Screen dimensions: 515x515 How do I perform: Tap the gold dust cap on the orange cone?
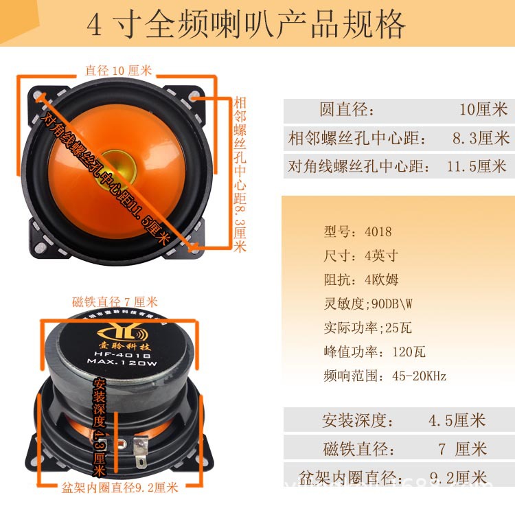pyautogui.click(x=117, y=161)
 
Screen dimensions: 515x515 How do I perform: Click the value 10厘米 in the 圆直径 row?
pyautogui.click(x=483, y=109)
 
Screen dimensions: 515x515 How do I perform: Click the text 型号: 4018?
pyautogui.click(x=357, y=231)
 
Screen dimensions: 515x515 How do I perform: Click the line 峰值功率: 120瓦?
pyautogui.click(x=374, y=352)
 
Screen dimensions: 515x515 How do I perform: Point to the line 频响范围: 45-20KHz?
pyautogui.click(x=385, y=376)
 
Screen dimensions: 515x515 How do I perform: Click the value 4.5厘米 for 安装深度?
pyautogui.click(x=457, y=420)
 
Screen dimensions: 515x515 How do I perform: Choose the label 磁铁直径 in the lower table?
pyautogui.click(x=358, y=449)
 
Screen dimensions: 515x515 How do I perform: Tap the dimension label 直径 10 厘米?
pyautogui.click(x=119, y=70)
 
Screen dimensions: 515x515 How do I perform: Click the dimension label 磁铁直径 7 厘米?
pyautogui.click(x=115, y=302)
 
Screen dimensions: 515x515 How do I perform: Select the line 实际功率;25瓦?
pyautogui.click(x=367, y=328)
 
